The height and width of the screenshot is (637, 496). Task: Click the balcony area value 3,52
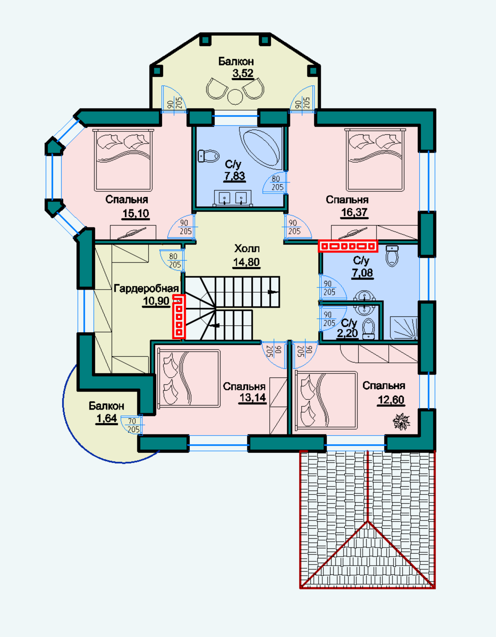243,74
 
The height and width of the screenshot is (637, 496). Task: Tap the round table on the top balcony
235,97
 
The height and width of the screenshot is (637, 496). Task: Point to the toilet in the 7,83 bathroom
209,156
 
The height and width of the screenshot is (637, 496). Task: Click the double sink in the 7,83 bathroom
233,198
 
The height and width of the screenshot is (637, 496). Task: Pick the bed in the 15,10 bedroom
123,160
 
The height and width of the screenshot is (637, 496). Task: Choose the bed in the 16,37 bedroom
375,160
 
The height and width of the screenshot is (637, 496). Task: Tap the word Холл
247,248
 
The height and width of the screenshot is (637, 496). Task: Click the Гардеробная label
146,288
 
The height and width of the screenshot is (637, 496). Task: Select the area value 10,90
156,301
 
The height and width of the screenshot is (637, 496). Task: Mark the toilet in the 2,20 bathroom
369,329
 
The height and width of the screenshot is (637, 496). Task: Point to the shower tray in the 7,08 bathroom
404,328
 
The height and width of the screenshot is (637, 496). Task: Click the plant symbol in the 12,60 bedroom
401,421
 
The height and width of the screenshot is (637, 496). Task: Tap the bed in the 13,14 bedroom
189,378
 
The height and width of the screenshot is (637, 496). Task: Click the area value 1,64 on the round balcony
107,418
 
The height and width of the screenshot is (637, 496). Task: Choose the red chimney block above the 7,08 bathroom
348,246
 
